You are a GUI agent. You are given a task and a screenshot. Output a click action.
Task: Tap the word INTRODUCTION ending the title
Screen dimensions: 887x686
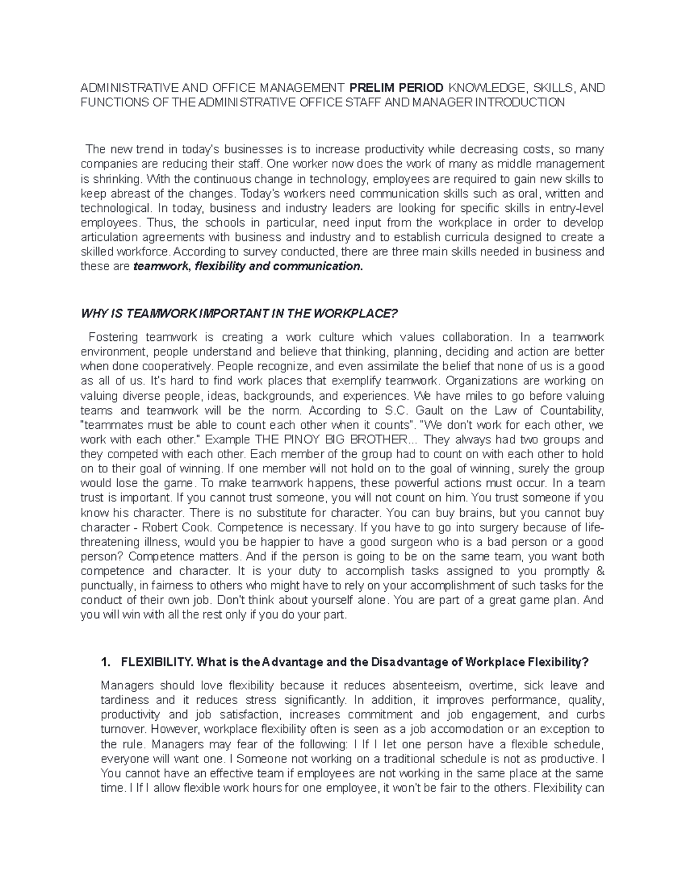527,103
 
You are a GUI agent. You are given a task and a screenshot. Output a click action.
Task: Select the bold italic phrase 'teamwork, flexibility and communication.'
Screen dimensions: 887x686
248,266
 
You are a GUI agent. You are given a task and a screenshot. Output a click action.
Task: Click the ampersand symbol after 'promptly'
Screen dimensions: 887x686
600,571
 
